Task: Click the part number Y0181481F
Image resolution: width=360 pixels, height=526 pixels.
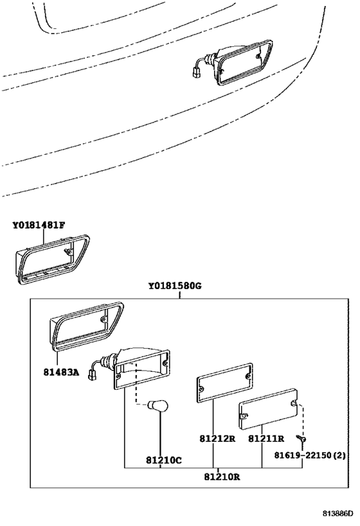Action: pos(39,225)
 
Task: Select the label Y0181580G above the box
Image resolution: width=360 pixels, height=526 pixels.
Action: pos(175,286)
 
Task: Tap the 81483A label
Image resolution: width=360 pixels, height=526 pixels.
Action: pos(61,372)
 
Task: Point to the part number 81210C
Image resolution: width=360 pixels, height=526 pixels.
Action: pos(164,460)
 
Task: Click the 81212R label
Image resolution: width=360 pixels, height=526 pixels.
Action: pos(217,439)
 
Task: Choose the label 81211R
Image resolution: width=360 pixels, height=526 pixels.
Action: pos(266,439)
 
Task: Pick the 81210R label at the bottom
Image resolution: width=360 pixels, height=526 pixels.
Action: pos(222,477)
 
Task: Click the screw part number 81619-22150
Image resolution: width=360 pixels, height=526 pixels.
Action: pos(303,455)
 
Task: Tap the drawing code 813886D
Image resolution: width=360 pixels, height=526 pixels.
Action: pos(338,514)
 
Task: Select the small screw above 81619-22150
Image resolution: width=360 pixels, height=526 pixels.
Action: pos(301,439)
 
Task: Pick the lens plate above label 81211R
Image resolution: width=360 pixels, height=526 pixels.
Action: pos(269,409)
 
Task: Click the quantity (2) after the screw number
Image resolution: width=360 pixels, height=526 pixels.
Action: pos(339,455)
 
